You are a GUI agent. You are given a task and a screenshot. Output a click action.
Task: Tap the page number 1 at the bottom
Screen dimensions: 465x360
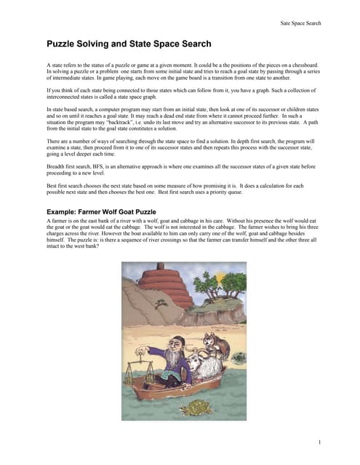pos(319,442)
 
